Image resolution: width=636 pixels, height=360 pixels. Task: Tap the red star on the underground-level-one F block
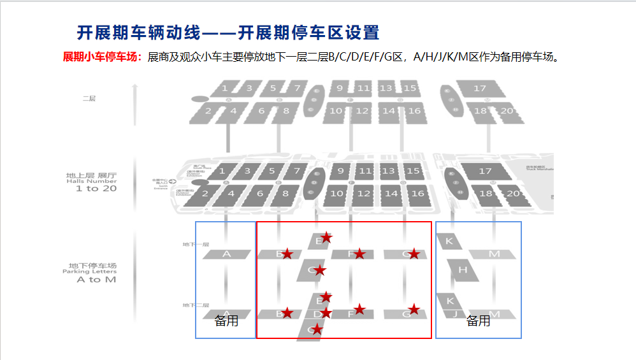[x=359, y=254]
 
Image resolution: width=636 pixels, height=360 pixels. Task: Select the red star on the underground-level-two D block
[x=326, y=313]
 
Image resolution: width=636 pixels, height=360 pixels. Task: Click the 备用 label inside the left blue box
[x=226, y=321]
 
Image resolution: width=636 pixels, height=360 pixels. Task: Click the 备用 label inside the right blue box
[x=478, y=321]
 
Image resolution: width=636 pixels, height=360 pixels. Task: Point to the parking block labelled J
[x=455, y=313]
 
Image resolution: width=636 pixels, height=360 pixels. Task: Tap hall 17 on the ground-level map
[x=485, y=171]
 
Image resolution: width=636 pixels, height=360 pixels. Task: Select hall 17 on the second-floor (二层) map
[x=480, y=89]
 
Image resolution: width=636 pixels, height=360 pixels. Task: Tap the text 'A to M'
[x=96, y=279]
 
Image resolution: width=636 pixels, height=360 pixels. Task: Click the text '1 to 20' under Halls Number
[x=96, y=189]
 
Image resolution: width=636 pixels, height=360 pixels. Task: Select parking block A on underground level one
[x=226, y=254]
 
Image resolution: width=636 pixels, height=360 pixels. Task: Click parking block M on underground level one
[x=494, y=254]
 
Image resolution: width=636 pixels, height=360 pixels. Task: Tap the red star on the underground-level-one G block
[x=414, y=254]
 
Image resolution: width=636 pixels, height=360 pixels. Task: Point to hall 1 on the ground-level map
[x=222, y=171]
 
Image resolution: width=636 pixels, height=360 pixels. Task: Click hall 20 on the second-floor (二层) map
[x=508, y=112]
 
